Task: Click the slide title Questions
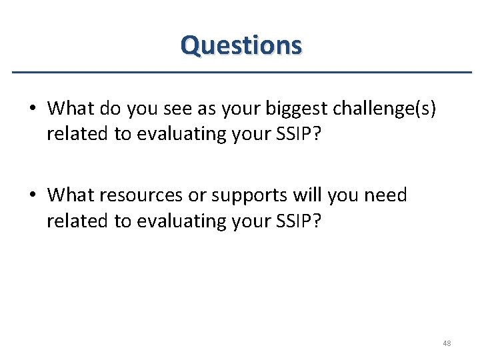point(241,45)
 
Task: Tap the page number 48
point(446,343)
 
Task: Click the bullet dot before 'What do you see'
point(39,108)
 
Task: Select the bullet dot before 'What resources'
point(39,196)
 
